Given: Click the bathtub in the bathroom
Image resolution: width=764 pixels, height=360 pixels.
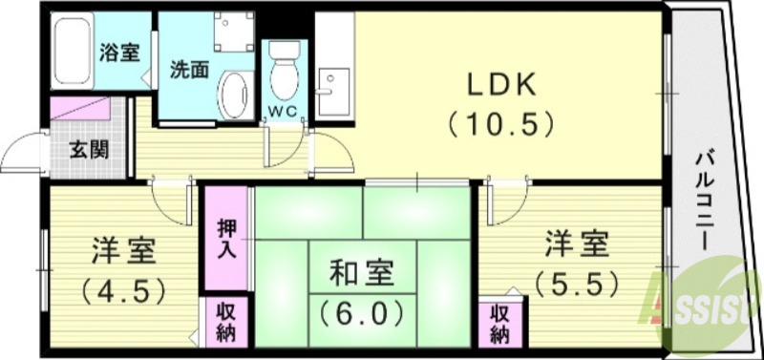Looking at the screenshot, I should point(72,53).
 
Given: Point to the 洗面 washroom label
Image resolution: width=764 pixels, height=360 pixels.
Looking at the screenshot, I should point(189,70).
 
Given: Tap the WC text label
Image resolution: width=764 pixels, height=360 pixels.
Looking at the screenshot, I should point(283,111).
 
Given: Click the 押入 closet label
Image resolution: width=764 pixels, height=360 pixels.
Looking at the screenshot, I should point(227,239).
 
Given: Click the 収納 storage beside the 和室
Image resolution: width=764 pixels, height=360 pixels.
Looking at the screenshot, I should point(227,323).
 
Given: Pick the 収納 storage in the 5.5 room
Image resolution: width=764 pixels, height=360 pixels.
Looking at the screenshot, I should point(499,323).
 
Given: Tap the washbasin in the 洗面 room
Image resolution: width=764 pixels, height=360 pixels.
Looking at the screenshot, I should point(232,95).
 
